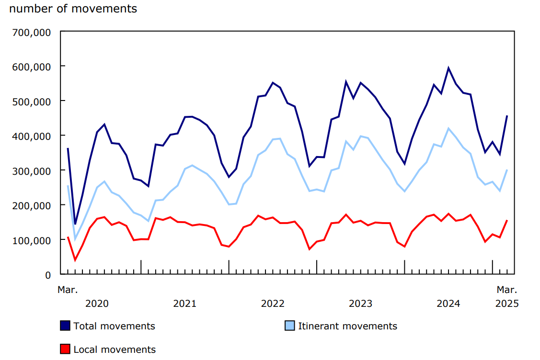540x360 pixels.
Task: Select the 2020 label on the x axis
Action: (97, 304)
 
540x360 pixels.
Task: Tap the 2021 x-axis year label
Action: (184, 304)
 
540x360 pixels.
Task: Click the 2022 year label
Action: (273, 304)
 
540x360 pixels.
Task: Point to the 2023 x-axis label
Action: (360, 304)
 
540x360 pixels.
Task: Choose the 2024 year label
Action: (448, 304)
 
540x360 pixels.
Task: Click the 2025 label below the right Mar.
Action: (507, 304)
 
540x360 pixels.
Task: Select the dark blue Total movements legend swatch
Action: (65, 326)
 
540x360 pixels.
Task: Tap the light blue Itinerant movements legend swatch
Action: (290, 326)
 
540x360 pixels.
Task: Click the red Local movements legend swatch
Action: (65, 349)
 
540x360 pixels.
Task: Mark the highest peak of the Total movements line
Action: (448, 68)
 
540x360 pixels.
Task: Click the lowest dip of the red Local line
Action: (75, 260)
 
